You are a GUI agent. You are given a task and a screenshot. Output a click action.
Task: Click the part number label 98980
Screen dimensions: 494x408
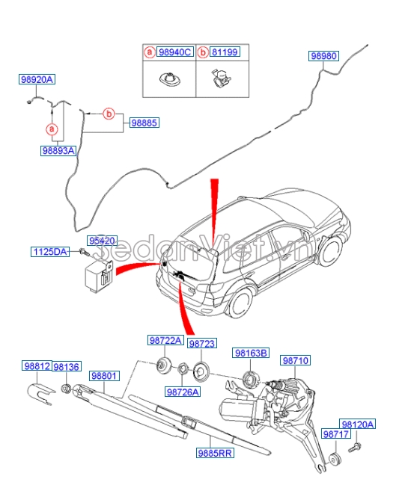point(323,56)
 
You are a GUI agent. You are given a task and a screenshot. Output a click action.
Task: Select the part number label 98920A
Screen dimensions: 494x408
point(37,79)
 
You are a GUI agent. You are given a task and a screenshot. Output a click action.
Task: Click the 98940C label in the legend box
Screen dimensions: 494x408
point(174,52)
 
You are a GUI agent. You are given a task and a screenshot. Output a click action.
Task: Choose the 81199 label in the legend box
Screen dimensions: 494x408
point(223,52)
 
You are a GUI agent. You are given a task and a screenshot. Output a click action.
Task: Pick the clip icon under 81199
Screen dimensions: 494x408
point(221,78)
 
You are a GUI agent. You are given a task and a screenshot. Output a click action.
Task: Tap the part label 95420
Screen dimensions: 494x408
point(102,241)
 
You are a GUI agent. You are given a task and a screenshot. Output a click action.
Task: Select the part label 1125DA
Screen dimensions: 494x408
point(49,252)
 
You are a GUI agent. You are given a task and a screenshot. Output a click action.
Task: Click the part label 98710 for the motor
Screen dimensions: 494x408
point(294,360)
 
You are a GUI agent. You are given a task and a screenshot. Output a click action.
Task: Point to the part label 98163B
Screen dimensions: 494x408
point(249,353)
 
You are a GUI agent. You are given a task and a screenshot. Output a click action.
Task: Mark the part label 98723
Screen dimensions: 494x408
point(201,344)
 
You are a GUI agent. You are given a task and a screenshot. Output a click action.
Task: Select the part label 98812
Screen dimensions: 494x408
point(36,366)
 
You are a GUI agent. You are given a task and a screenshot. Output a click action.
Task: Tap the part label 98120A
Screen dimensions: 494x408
point(357,424)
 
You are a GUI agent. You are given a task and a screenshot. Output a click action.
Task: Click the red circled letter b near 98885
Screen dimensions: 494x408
point(109,114)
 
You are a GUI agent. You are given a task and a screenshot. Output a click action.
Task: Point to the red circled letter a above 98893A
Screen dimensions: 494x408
point(52,129)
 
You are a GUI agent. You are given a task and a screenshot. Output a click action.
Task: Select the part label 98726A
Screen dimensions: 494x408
point(183,392)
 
